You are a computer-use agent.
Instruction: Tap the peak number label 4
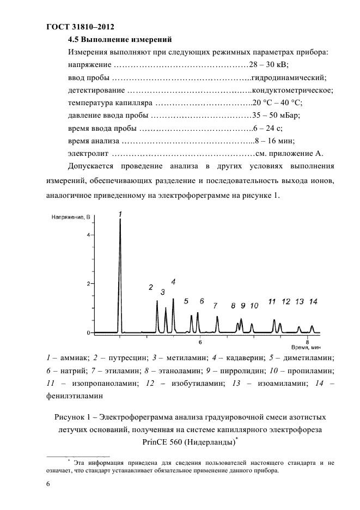tap(173, 282)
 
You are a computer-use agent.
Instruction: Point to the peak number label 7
tap(215, 305)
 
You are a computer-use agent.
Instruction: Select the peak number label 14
tap(313, 301)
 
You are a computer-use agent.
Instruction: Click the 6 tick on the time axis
tap(200, 342)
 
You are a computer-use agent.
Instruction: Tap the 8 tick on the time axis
tap(307, 342)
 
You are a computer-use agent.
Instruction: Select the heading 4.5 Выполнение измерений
tap(120, 39)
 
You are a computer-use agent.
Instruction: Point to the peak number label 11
tap(272, 301)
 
